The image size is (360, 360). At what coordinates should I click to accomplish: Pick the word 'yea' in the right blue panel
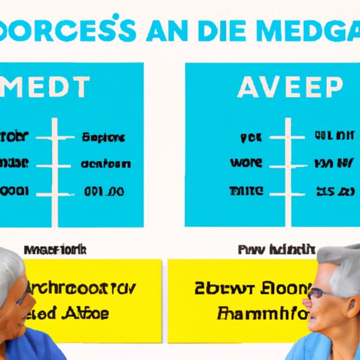[250, 137]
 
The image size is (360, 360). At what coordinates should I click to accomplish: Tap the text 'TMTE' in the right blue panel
[246, 191]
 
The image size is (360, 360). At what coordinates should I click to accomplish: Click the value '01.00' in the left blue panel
[103, 191]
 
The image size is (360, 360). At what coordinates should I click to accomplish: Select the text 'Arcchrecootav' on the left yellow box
[77, 288]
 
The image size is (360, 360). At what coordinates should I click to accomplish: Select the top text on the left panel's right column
[104, 137]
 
